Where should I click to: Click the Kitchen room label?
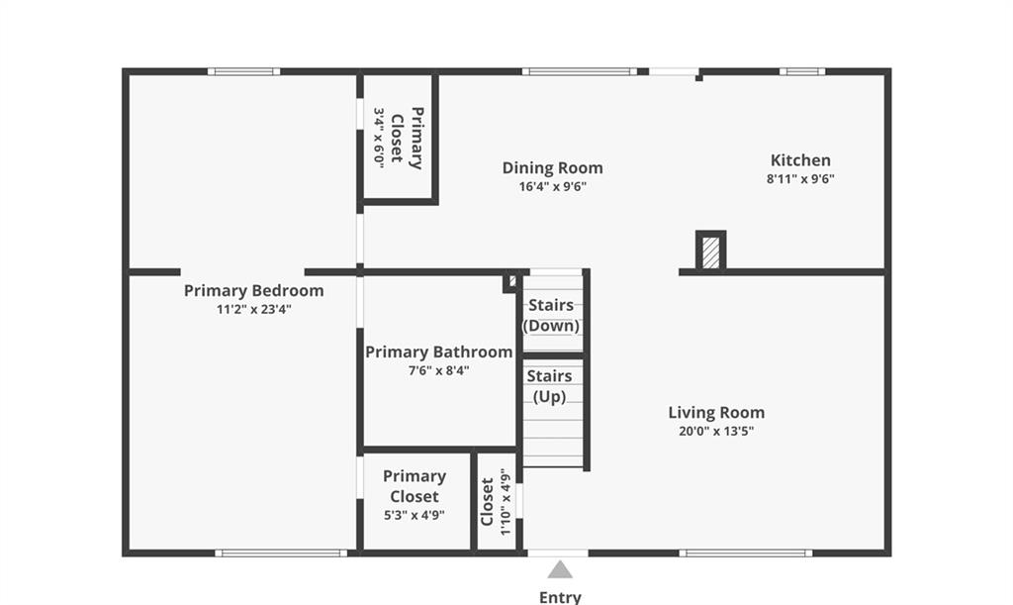(800, 160)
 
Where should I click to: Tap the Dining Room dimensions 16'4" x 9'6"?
(552, 187)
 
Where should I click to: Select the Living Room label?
(716, 412)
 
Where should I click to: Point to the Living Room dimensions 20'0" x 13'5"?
(716, 431)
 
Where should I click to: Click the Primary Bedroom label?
(254, 291)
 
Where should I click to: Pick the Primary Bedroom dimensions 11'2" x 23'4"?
(254, 310)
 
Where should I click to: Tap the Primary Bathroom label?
(438, 353)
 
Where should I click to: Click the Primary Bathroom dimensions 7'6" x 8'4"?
(438, 371)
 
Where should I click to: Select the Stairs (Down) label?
(551, 316)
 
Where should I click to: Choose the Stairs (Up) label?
(550, 386)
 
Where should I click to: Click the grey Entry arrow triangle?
(560, 569)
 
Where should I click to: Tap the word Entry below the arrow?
(560, 597)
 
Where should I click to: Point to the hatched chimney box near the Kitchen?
(710, 251)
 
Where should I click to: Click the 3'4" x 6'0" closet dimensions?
(379, 139)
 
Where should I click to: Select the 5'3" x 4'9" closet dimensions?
(414, 516)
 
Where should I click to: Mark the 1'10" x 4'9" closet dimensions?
(506, 502)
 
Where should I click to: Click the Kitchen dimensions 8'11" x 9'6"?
(800, 179)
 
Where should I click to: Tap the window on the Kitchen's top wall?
(801, 71)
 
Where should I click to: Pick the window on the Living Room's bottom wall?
(746, 553)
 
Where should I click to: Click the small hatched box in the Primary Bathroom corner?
(510, 282)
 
